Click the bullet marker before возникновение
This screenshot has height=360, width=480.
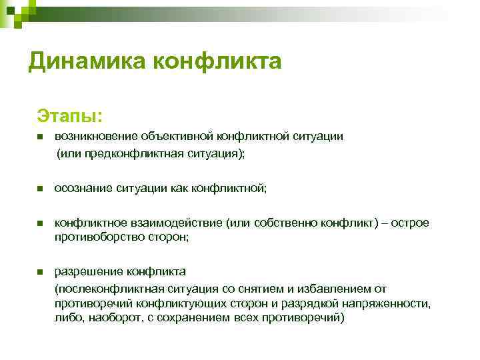click(40, 137)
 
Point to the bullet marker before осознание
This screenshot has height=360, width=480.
click(40, 189)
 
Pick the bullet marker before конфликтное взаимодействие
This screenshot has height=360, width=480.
click(40, 223)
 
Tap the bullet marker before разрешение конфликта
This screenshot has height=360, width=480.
click(40, 272)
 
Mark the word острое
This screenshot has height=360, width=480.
click(411, 223)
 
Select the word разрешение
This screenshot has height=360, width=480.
click(87, 271)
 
